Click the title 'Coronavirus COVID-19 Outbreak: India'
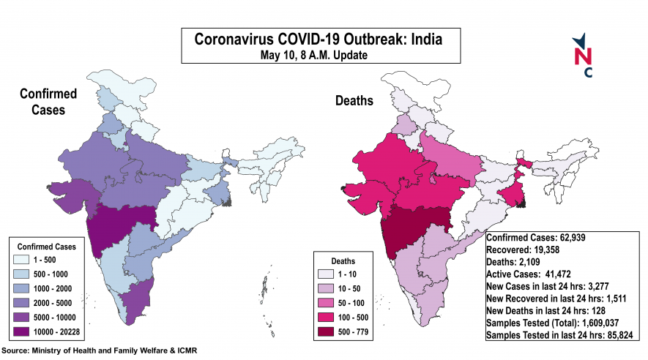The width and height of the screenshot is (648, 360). (x=319, y=38)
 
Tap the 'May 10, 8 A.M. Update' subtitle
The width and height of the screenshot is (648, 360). (x=319, y=54)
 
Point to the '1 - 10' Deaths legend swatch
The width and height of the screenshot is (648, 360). (x=329, y=272)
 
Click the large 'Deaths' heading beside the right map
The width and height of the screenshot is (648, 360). (x=354, y=100)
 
